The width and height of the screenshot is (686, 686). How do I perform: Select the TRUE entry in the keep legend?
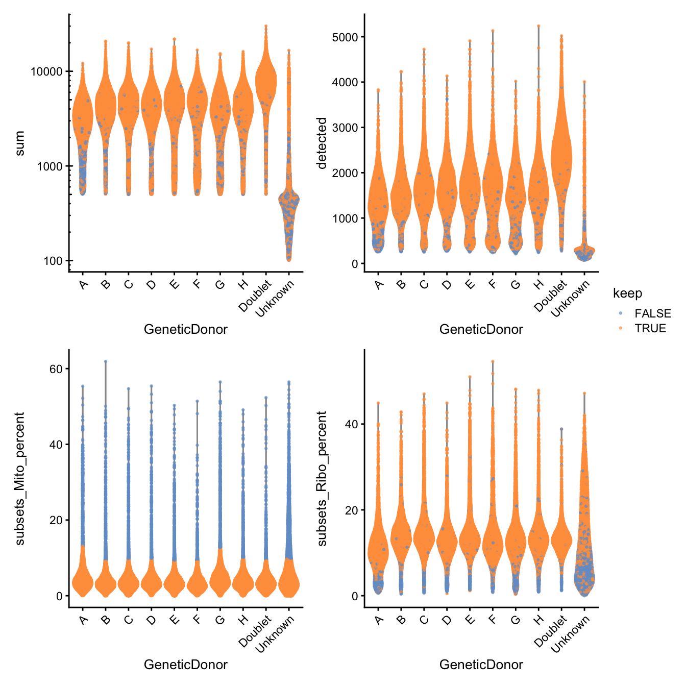650,328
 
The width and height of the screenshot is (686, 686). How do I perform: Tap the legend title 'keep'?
627,293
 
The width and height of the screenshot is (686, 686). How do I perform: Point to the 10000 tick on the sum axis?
46,71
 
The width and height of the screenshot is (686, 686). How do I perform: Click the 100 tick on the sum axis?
53,261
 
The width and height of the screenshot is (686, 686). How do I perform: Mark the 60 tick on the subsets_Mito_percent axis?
56,369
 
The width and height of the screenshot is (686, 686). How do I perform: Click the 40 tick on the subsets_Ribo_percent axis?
352,424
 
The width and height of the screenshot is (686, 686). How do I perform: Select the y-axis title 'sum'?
19,143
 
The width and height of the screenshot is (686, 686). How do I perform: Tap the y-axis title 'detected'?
322,143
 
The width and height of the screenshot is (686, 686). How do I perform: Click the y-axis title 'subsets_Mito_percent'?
19,479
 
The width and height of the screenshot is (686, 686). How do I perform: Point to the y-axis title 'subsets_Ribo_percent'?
322,479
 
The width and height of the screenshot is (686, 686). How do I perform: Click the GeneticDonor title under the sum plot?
186,329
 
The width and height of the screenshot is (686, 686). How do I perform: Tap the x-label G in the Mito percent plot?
220,620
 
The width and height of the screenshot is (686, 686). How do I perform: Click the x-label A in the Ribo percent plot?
379,620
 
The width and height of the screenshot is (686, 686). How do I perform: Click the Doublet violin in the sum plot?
266,82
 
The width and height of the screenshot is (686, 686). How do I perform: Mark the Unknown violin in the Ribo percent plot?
584,561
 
